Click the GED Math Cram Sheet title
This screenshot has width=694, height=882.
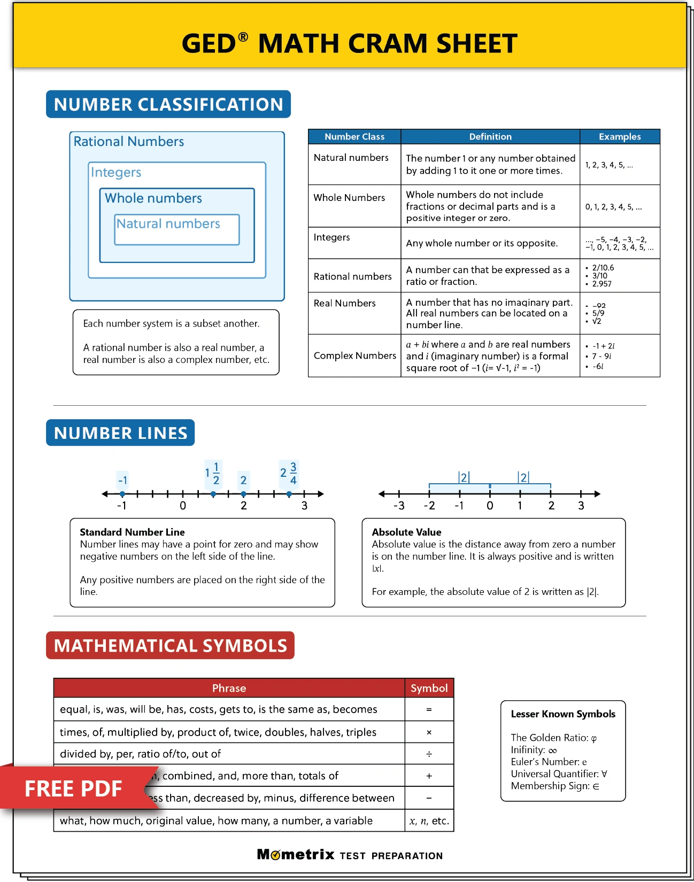[x=349, y=43]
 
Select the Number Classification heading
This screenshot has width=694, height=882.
[x=168, y=104]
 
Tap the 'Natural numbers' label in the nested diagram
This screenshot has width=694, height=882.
[x=168, y=224]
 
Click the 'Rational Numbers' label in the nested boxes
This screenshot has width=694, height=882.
[x=129, y=142]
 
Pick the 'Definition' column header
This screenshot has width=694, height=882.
[x=490, y=137]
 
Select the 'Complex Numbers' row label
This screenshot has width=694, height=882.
[x=354, y=355]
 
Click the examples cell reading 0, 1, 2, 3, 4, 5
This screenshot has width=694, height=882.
[x=613, y=207]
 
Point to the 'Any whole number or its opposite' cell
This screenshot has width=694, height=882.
[x=481, y=243]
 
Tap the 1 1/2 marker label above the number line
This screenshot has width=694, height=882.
[x=213, y=474]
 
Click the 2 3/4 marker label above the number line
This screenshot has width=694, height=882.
[x=289, y=474]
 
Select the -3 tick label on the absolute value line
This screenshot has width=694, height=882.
[x=399, y=506]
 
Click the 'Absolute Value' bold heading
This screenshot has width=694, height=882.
[x=406, y=532]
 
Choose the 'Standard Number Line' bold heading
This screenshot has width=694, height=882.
[x=132, y=532]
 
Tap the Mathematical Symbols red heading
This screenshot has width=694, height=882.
[x=170, y=646]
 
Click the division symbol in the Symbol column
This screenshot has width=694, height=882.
[x=429, y=754]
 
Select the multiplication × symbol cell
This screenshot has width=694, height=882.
[x=429, y=732]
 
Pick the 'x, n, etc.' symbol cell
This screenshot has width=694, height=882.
[x=429, y=821]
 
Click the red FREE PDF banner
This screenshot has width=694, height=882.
[x=74, y=788]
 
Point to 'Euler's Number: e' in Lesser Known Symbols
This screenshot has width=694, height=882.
[x=549, y=762]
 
